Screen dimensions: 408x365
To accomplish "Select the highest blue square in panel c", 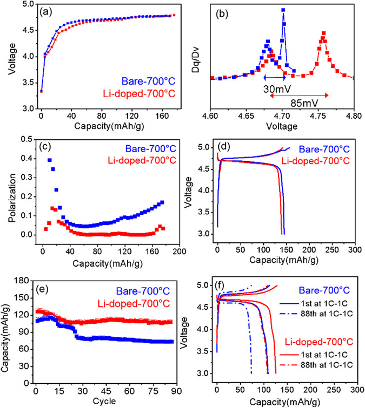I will pyautogui.click(x=50, y=160).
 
